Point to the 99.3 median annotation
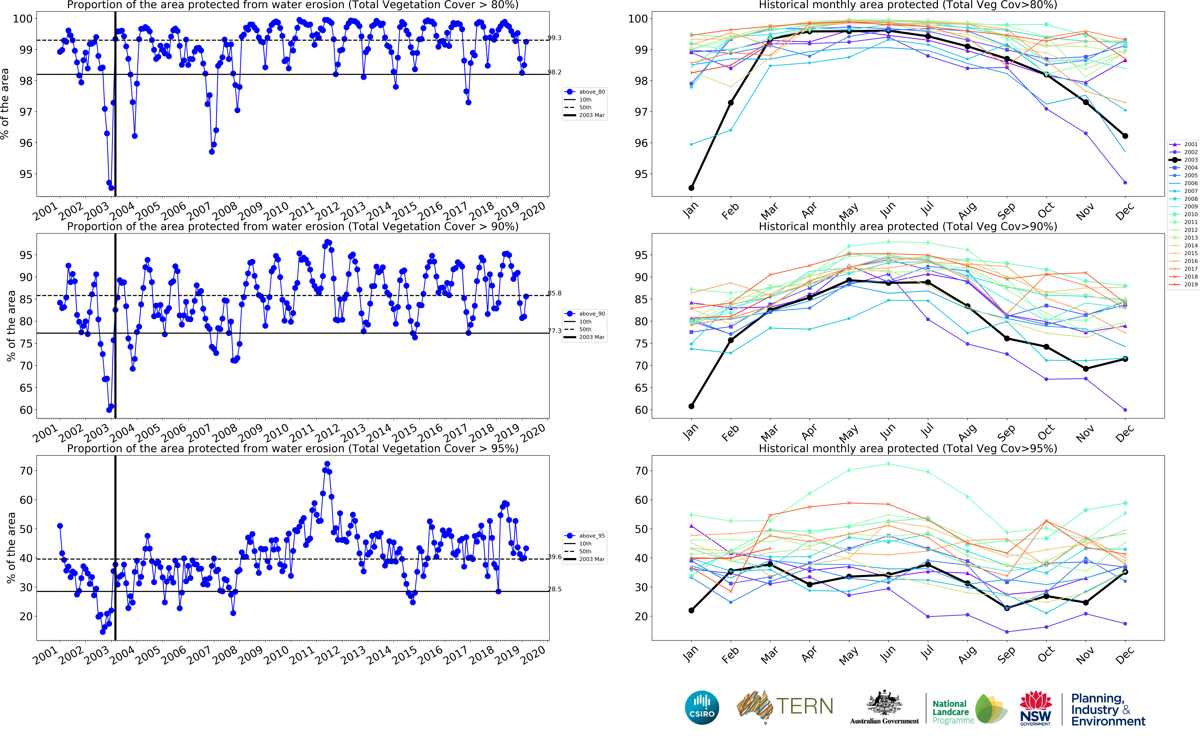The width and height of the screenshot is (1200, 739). click(554, 38)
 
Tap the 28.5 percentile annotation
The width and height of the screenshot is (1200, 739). click(554, 589)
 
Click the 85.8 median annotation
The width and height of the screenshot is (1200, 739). click(554, 294)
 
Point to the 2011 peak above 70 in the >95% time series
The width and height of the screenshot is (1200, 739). click(327, 464)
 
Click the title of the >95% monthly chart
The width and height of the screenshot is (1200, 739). click(908, 449)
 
